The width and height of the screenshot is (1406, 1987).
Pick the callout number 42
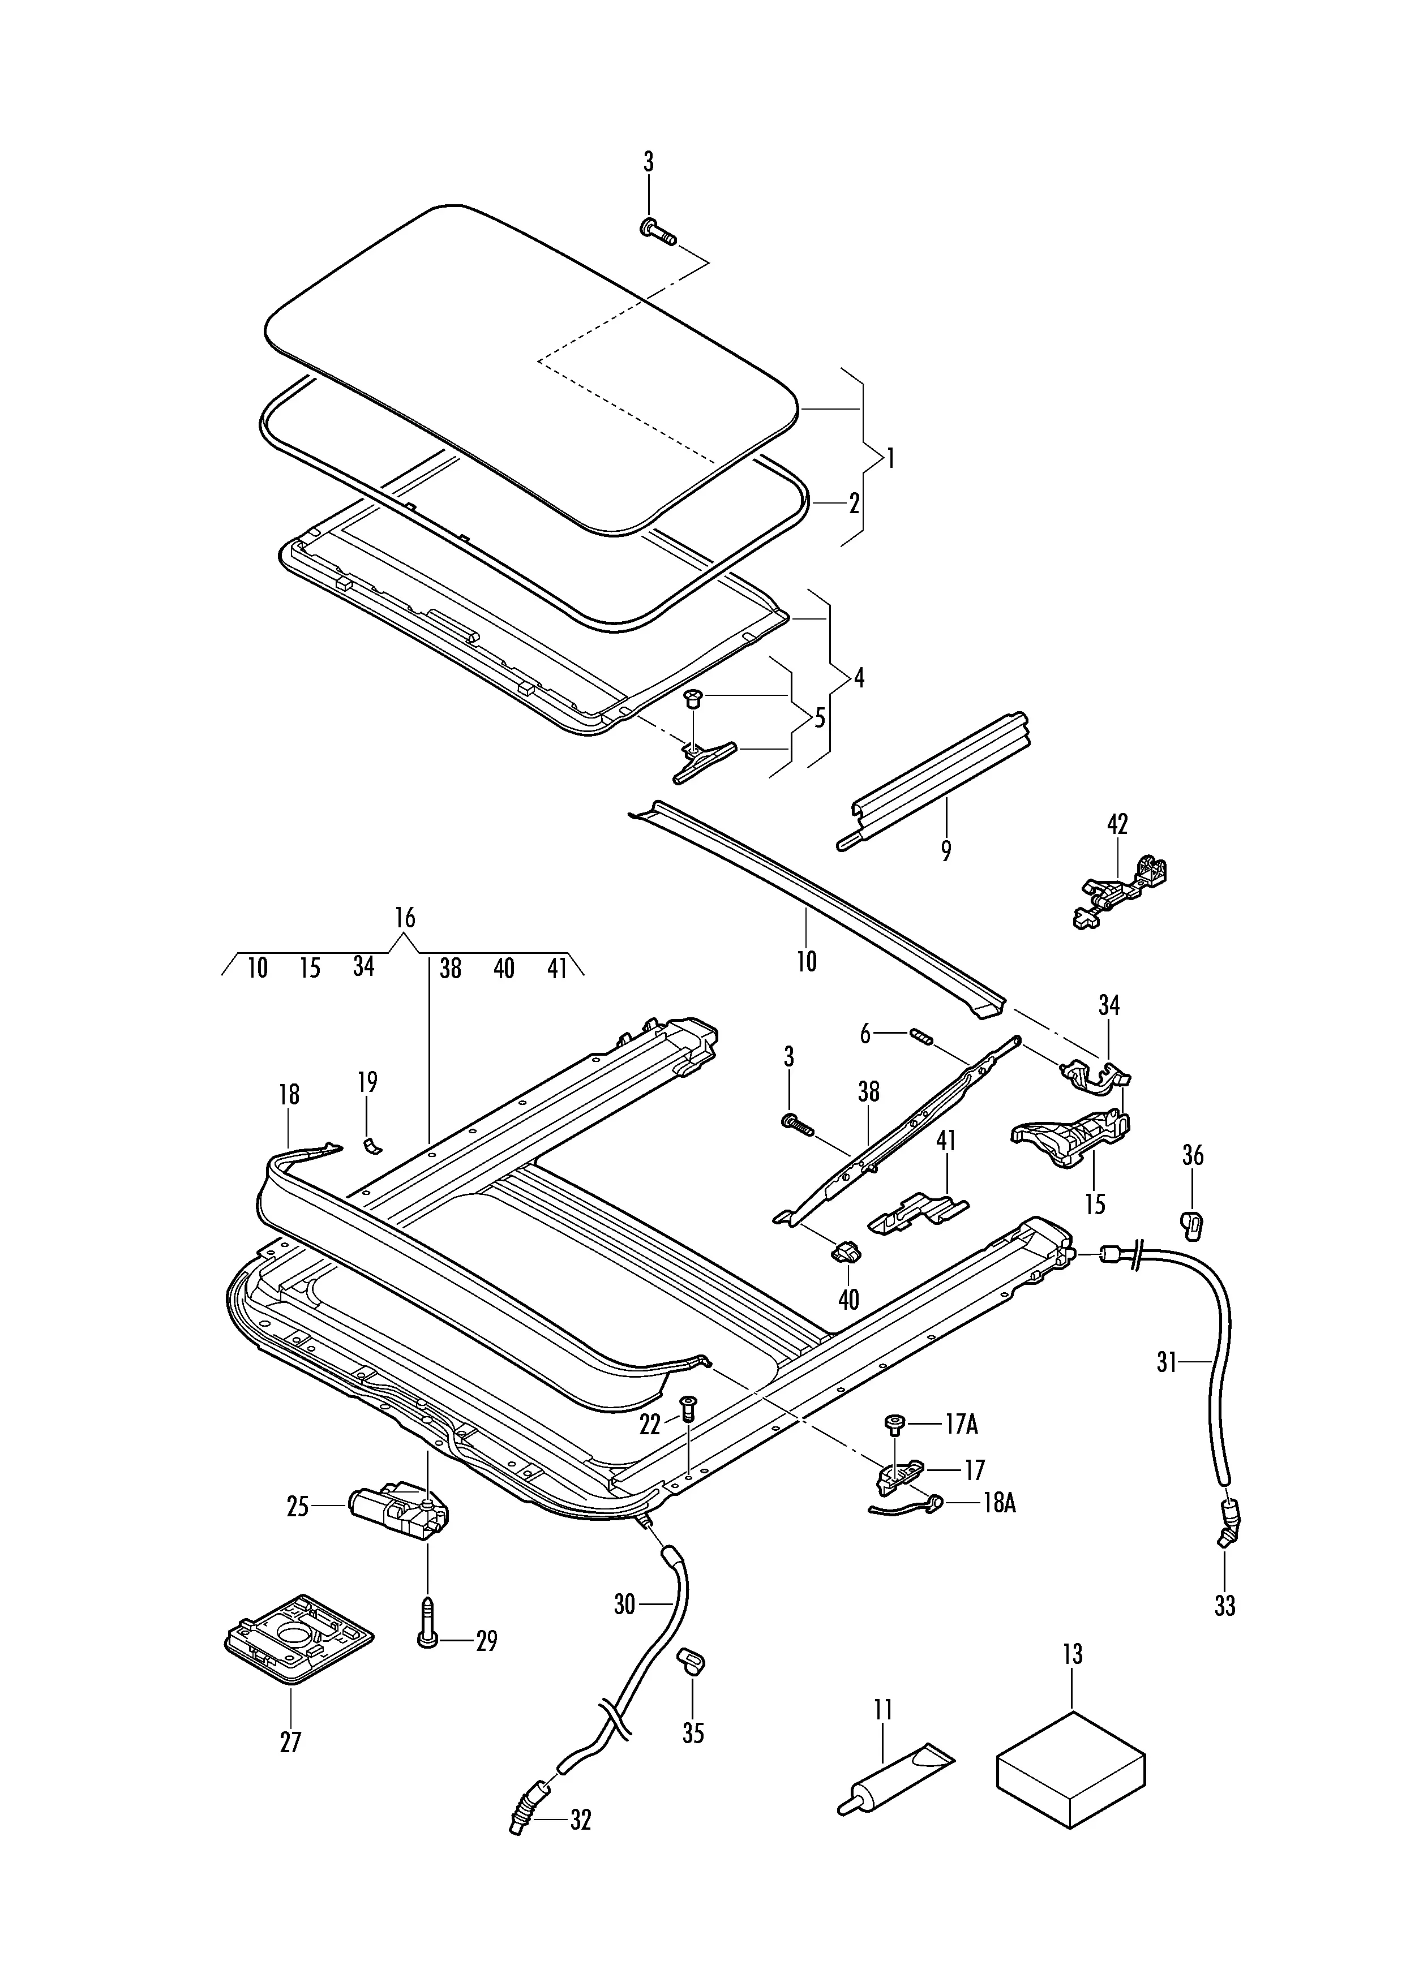[1118, 824]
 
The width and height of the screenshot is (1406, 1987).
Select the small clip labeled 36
[1193, 1224]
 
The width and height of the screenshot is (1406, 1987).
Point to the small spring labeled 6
[919, 1035]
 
